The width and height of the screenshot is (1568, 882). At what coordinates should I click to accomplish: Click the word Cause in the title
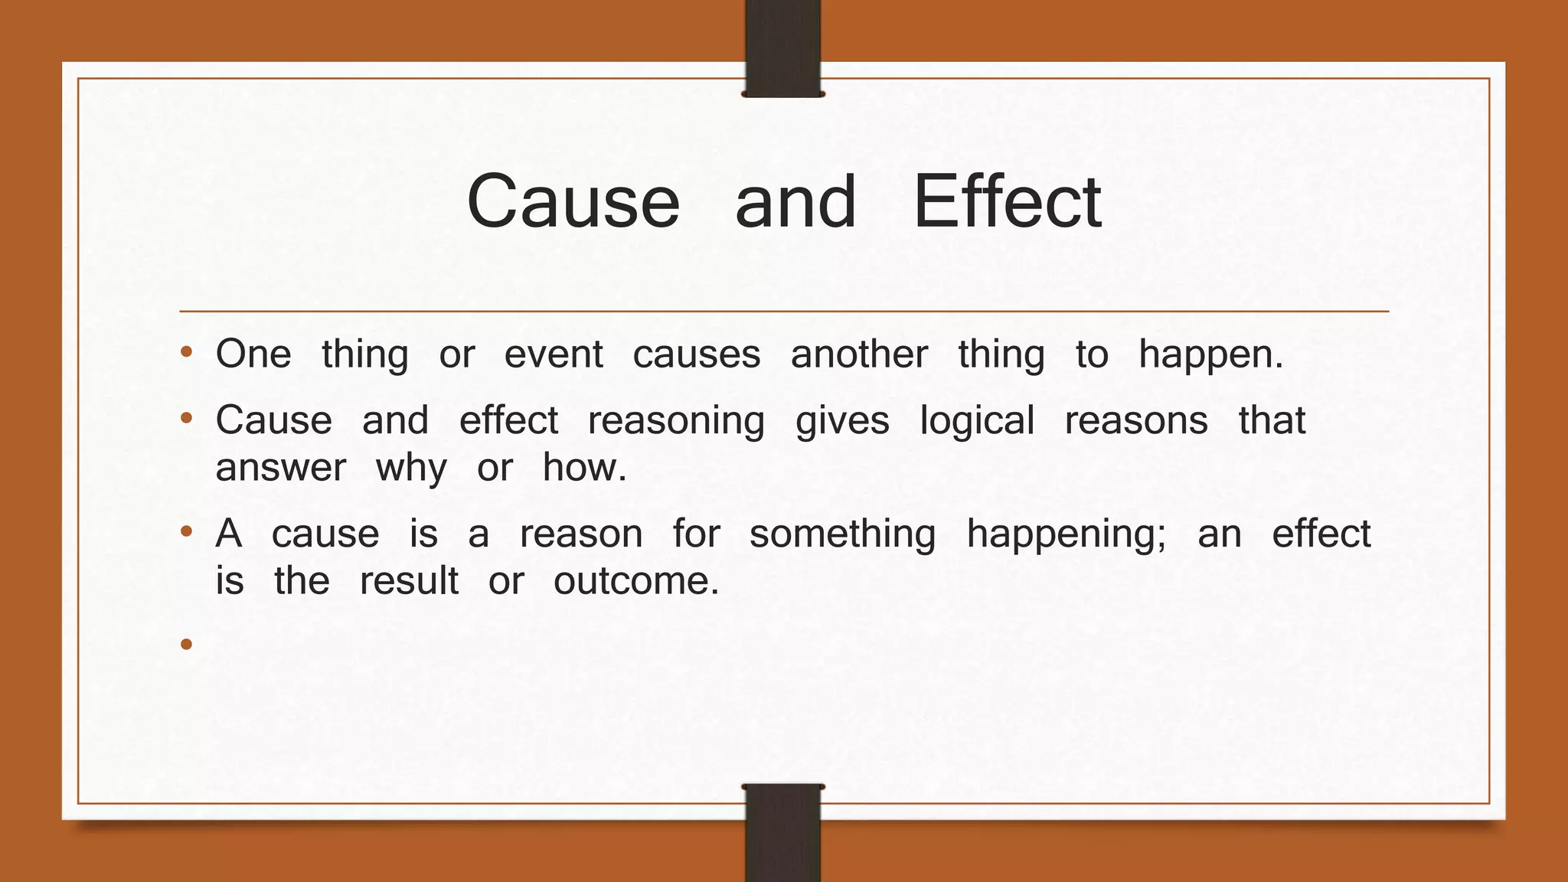tap(573, 201)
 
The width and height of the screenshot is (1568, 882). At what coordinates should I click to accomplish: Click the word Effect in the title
tap(1007, 201)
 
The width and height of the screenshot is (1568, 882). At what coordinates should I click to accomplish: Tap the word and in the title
tap(795, 201)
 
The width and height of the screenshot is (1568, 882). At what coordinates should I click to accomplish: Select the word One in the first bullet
tap(253, 354)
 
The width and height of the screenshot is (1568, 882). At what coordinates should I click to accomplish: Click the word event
tap(554, 354)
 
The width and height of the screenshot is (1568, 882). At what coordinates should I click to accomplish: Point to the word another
tap(859, 354)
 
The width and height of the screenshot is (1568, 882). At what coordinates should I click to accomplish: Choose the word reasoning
tap(676, 422)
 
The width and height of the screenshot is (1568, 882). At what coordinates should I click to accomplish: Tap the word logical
tap(977, 422)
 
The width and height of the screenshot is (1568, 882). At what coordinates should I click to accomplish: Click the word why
tap(411, 469)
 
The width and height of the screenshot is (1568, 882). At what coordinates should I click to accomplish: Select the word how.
tap(584, 467)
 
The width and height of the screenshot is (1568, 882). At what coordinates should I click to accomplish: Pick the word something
tap(842, 534)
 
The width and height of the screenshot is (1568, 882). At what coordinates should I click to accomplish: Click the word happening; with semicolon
tap(1067, 534)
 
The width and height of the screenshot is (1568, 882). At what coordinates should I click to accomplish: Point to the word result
tap(409, 580)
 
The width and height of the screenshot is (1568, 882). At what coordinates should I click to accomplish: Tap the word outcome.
tap(636, 580)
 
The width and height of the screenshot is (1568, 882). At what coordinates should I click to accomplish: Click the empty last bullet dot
tap(186, 645)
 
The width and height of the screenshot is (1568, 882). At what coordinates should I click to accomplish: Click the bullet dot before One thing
tap(186, 354)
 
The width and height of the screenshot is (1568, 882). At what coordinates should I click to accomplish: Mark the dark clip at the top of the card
tap(782, 48)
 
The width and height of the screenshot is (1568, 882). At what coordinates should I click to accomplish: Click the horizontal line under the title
tap(784, 312)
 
